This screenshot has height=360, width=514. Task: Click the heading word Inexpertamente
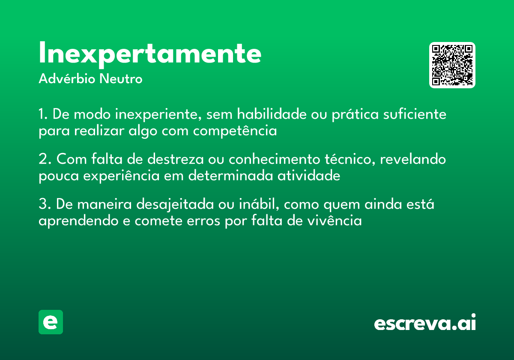pos(150,54)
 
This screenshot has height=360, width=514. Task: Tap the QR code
pos(452,65)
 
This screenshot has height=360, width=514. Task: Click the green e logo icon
pos(51,322)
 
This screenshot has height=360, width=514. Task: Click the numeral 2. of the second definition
pos(45,159)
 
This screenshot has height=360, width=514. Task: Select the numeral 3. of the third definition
pos(45,204)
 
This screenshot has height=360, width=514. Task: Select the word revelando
pos(413,159)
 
